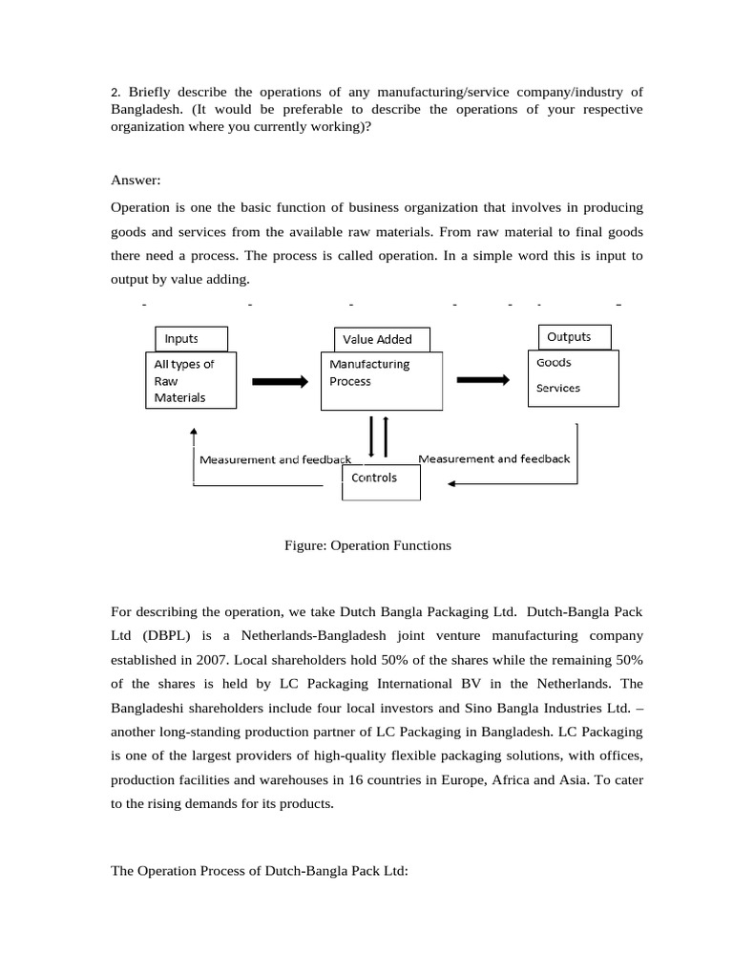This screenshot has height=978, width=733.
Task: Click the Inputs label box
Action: pyautogui.click(x=191, y=339)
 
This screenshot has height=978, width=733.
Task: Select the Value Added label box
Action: pyautogui.click(x=380, y=340)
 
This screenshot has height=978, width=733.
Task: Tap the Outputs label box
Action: pyautogui.click(x=575, y=337)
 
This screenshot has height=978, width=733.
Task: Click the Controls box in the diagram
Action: pyautogui.click(x=380, y=478)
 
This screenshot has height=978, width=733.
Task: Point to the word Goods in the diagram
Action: pyautogui.click(x=554, y=363)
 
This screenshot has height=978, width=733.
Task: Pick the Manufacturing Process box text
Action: pyautogui.click(x=369, y=372)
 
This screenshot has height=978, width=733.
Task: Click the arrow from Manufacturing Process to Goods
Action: pyautogui.click(x=483, y=379)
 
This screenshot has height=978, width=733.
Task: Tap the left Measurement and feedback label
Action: pyautogui.click(x=275, y=459)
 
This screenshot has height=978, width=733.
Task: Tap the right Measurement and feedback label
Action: pyautogui.click(x=493, y=458)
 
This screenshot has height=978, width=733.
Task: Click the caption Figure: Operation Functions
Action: pyautogui.click(x=367, y=545)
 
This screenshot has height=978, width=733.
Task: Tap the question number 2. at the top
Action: pyautogui.click(x=116, y=92)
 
